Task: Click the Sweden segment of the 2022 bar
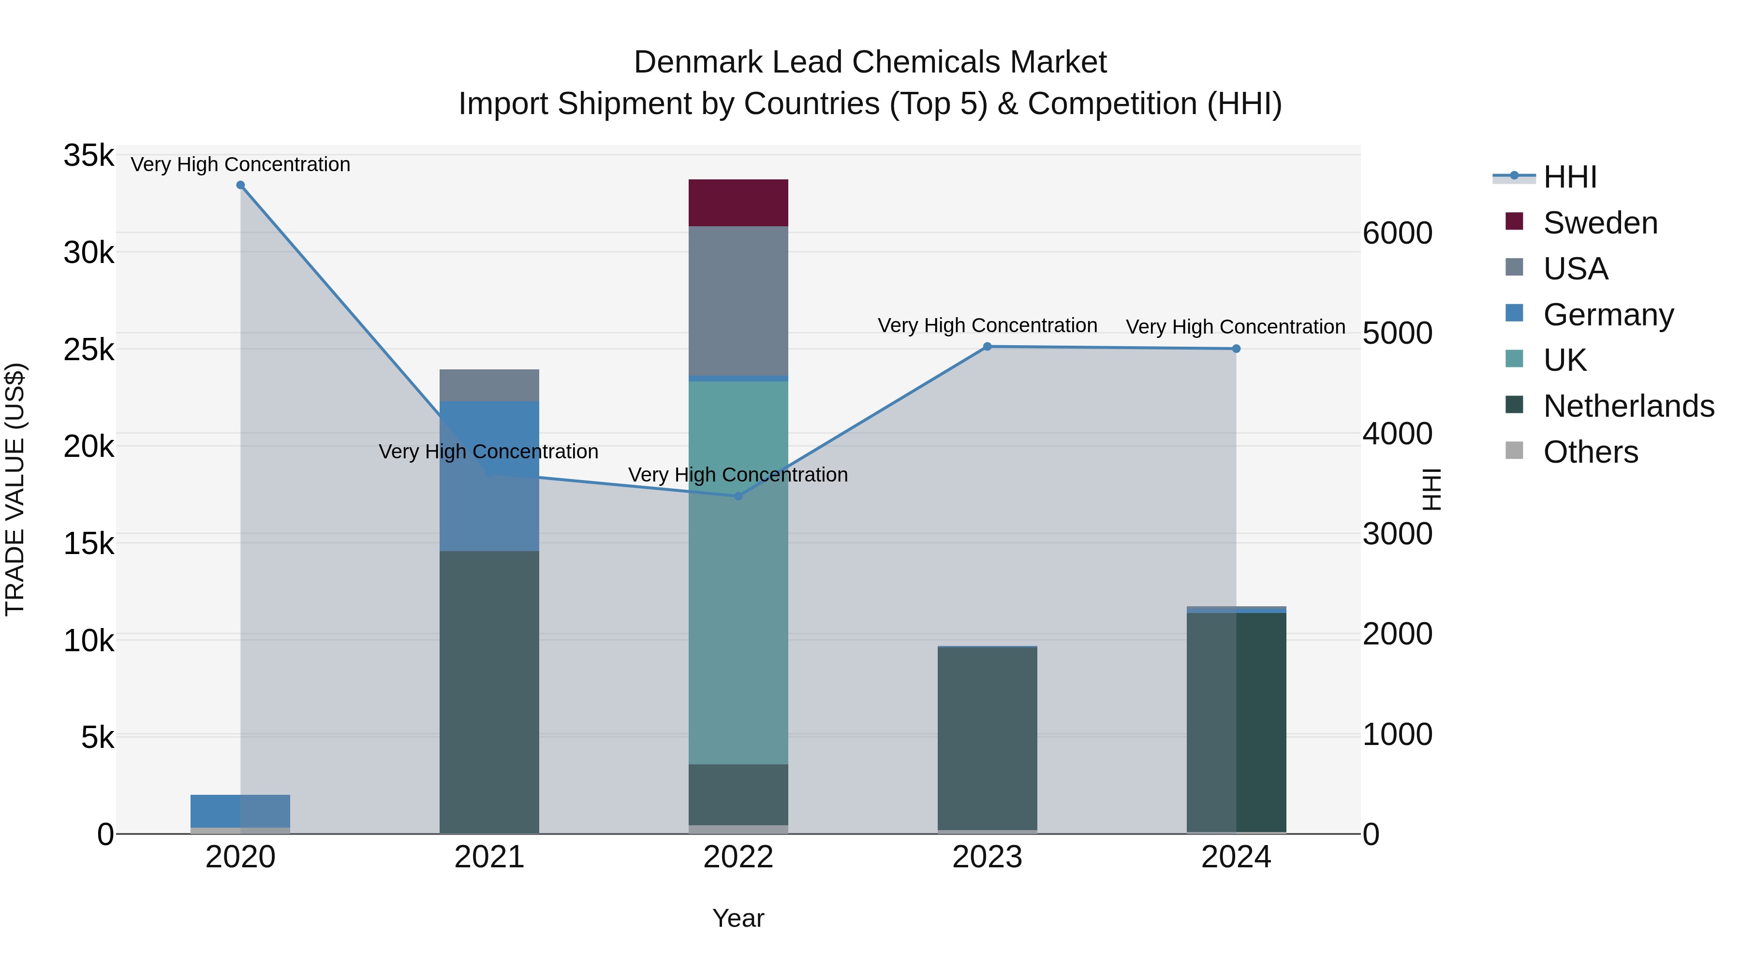(x=738, y=203)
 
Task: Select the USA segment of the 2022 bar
(x=738, y=301)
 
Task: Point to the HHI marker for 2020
(x=241, y=185)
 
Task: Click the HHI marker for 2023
(x=987, y=347)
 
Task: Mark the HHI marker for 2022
(x=738, y=496)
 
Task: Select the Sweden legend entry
(x=1600, y=223)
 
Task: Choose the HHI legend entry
(x=1569, y=177)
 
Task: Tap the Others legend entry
(x=1590, y=452)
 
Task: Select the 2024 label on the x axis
(x=1236, y=857)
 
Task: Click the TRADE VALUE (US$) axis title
(x=15, y=489)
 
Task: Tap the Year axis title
(x=738, y=918)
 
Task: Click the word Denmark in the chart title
(x=698, y=62)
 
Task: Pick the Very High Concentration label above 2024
(x=1236, y=327)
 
